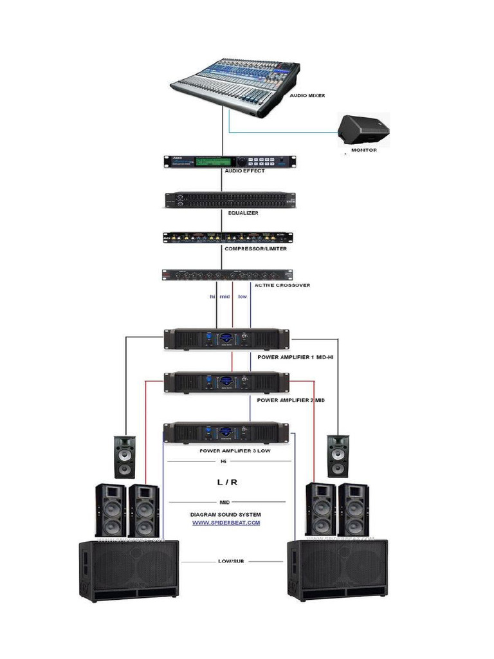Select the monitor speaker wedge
click(x=365, y=131)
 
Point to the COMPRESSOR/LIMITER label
click(x=255, y=248)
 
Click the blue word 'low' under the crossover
click(x=242, y=297)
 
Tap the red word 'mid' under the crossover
click(x=224, y=297)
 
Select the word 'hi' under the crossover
click(x=212, y=297)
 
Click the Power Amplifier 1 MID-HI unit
click(x=226, y=339)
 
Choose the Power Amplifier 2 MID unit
click(x=226, y=382)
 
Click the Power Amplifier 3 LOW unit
click(x=225, y=432)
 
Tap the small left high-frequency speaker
click(x=125, y=456)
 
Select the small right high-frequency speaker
click(x=338, y=456)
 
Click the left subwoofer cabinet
click(x=129, y=570)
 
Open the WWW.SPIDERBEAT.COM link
click(x=226, y=523)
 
